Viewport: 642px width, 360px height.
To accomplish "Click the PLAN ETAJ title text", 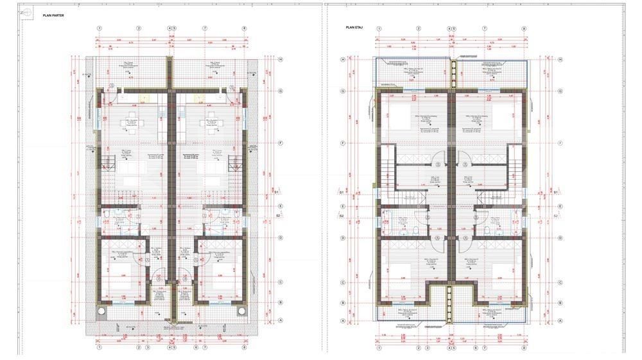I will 354,28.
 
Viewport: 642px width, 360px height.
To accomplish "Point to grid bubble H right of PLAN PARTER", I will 281,60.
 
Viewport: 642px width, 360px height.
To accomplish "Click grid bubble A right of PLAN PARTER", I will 281,321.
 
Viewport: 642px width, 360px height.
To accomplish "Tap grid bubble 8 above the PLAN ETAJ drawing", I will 524,29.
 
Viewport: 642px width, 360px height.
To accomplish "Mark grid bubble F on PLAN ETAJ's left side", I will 343,143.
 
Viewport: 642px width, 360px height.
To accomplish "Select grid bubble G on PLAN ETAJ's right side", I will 560,91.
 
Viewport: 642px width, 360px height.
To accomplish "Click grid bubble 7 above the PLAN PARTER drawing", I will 205,29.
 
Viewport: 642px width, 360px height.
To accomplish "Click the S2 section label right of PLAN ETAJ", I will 555,216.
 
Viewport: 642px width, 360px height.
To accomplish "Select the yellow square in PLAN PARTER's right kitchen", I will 198,98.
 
